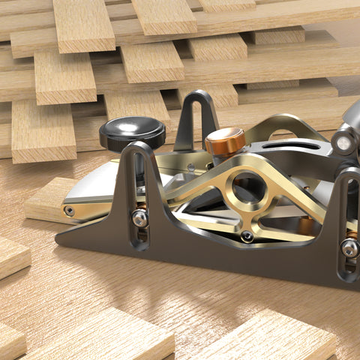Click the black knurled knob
[132, 133]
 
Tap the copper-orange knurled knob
[225, 140]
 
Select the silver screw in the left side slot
[140, 218]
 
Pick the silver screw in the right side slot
[349, 247]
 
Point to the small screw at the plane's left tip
[70, 211]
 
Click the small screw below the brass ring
[247, 237]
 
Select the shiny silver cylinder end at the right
[343, 142]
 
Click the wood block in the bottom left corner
[9, 341]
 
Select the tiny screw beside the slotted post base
[190, 166]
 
